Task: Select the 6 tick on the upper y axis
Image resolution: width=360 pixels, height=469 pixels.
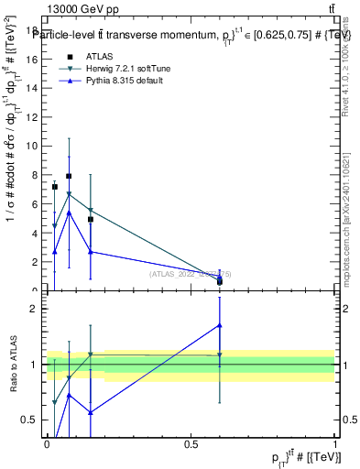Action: [x=34, y=203]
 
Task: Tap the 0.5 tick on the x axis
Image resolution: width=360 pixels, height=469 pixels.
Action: [x=191, y=445]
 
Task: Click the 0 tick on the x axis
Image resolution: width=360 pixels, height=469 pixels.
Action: [x=47, y=445]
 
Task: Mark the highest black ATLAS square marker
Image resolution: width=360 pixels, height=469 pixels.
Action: [x=69, y=176]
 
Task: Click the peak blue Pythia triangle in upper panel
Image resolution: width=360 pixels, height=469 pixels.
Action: [x=69, y=213]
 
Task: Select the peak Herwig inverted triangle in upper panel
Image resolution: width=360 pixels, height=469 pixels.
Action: [x=69, y=194]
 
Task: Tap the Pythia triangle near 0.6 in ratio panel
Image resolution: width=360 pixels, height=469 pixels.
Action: [x=220, y=325]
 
